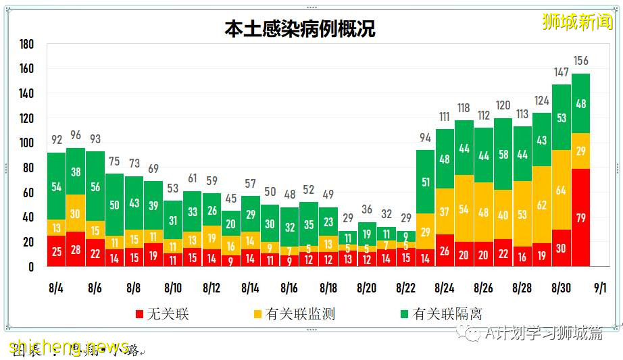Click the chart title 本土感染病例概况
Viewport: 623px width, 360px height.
point(300,29)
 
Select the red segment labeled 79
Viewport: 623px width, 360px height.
point(580,217)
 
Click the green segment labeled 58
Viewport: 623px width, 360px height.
point(503,155)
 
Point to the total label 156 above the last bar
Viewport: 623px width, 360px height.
point(580,61)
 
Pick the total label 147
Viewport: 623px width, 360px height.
point(561,72)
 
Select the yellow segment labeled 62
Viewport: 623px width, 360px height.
point(542,205)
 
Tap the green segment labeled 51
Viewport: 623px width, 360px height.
point(425,182)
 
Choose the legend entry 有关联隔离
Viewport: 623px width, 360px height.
point(440,313)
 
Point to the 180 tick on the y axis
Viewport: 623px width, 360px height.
point(26,45)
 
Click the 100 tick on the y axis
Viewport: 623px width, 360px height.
point(26,143)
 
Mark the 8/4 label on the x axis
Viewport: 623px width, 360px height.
point(56,288)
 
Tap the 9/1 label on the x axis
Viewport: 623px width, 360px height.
point(599,288)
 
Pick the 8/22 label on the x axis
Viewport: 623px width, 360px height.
point(405,288)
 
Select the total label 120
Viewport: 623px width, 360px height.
point(503,106)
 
